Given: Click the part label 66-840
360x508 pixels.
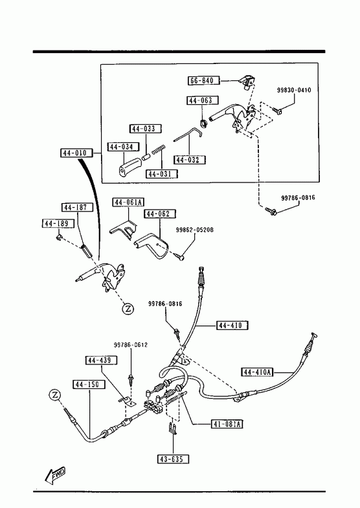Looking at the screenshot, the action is [x=203, y=80].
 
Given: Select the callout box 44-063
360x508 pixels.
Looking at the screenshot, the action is [x=203, y=100].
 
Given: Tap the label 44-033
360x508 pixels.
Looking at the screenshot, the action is [x=146, y=129].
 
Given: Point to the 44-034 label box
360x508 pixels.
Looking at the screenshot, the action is [x=123, y=147].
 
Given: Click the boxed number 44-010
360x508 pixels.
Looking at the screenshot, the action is [x=76, y=153].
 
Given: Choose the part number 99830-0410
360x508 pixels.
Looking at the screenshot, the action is [x=294, y=90].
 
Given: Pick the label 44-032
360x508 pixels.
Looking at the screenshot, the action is [x=190, y=160].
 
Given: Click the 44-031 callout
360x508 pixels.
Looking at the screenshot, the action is [x=162, y=174].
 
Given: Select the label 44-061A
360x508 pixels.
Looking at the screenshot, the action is [x=128, y=203].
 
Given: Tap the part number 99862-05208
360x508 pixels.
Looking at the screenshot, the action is [x=195, y=230].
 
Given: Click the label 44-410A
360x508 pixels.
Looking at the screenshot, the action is [x=258, y=372].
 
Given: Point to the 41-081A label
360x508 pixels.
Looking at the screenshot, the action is [x=227, y=424].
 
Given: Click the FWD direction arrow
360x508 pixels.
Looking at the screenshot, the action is [x=55, y=475].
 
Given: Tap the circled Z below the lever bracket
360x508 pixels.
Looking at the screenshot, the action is [x=128, y=309].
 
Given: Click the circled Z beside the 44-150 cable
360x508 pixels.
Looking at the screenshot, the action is [x=55, y=395].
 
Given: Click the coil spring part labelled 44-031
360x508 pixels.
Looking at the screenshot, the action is [x=159, y=149].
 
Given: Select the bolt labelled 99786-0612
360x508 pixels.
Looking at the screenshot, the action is [x=131, y=379].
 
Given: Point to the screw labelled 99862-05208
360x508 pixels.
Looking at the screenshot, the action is [x=179, y=256].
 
